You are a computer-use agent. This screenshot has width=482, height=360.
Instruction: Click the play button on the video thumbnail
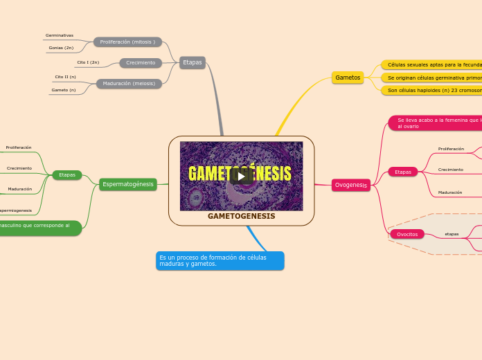tap(241, 176)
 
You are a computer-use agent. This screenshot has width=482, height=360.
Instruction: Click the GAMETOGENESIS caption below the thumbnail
tap(241, 216)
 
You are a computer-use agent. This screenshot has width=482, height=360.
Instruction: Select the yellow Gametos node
tap(348, 78)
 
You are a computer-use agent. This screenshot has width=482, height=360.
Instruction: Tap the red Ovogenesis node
tap(351, 185)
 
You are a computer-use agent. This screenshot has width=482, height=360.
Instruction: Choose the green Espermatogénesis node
tap(128, 184)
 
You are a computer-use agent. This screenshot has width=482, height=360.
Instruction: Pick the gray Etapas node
tap(192, 62)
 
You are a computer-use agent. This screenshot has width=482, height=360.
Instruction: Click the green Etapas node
tap(67, 175)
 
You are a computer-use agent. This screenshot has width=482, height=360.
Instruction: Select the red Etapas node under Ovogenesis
tap(403, 172)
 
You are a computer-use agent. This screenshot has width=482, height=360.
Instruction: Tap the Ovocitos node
tap(407, 234)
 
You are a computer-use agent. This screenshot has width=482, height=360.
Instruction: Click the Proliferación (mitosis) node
tap(127, 42)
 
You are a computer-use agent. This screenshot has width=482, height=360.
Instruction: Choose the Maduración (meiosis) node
tap(129, 84)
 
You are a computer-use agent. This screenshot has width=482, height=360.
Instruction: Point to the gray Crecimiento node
tap(141, 63)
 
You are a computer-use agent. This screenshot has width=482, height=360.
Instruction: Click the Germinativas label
tap(60, 35)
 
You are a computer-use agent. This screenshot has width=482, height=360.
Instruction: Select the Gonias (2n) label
tap(61, 48)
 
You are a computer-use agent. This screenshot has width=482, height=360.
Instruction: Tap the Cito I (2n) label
tap(88, 62)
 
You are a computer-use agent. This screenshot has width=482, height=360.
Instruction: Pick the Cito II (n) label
tap(66, 77)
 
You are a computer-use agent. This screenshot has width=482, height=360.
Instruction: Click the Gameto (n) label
tap(64, 90)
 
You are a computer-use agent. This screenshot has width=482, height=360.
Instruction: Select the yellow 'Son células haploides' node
tap(434, 90)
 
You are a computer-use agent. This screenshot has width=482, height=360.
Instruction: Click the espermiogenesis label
tap(16, 210)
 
